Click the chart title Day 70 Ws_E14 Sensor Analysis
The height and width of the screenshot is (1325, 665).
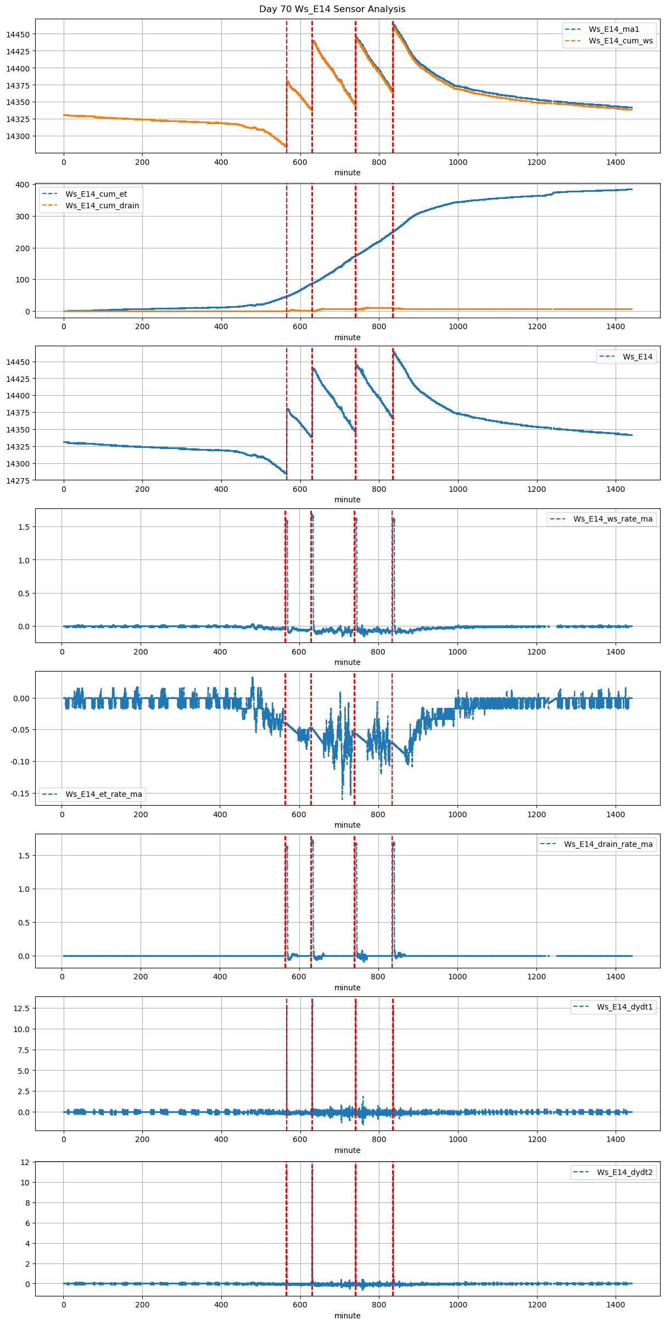tap(332, 9)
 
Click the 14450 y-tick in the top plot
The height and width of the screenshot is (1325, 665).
tap(18, 35)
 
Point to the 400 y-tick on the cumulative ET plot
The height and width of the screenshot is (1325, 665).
tap(23, 185)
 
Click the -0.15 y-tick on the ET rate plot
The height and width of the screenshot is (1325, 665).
tap(20, 794)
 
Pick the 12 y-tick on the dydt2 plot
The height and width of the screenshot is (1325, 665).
tap(25, 1162)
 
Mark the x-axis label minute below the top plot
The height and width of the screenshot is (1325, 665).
tap(348, 173)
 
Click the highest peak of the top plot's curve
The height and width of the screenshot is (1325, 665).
tap(394, 25)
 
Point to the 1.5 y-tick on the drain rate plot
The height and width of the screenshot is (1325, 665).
tap(24, 856)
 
